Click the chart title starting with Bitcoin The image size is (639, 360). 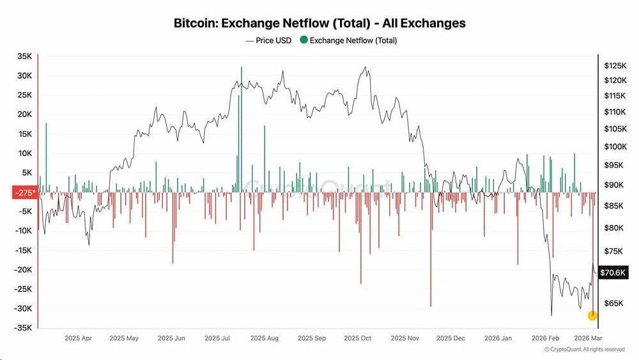pos(319,23)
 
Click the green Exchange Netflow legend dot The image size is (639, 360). pos(304,40)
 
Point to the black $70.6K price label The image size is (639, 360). pos(614,273)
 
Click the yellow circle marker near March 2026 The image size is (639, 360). pos(592,315)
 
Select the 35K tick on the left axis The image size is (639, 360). pos(24,56)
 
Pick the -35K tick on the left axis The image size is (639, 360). pos(22,328)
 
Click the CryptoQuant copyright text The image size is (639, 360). pos(584,349)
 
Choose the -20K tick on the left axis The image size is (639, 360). pos(22,270)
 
